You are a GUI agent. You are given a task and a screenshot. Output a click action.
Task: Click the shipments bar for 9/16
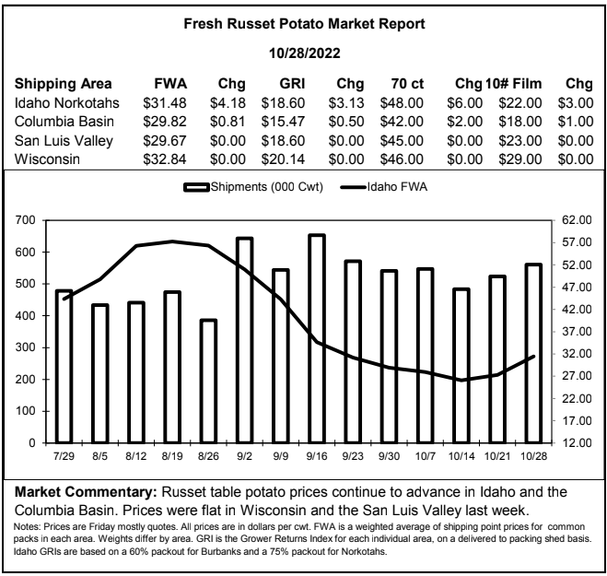tap(317, 338)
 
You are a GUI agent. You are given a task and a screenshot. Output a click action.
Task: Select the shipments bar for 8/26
tap(208, 382)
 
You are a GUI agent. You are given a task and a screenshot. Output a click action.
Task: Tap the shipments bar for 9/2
tap(244, 340)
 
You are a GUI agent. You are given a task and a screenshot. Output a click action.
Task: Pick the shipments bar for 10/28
tap(533, 353)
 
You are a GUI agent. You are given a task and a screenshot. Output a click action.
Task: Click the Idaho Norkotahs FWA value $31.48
tap(165, 103)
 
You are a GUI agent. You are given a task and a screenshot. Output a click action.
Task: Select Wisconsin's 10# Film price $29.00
tap(519, 159)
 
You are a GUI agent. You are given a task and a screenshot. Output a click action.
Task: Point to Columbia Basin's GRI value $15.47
tap(283, 122)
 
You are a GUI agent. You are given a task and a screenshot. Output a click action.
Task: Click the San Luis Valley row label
tap(64, 141)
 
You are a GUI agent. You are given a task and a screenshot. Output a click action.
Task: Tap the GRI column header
tap(292, 84)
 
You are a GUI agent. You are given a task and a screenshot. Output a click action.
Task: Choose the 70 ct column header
tap(407, 84)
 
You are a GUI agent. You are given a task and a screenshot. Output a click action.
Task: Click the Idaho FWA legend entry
tap(383, 187)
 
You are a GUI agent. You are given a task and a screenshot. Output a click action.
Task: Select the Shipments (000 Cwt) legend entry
tap(253, 187)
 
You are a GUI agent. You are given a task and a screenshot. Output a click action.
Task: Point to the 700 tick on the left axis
tap(25, 220)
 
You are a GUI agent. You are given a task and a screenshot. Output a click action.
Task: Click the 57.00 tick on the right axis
tap(577, 242)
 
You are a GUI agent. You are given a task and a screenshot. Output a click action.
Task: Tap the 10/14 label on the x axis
tap(461, 456)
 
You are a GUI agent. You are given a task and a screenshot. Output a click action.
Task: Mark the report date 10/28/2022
tap(305, 53)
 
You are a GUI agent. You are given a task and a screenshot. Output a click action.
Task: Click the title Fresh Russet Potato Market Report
tap(304, 24)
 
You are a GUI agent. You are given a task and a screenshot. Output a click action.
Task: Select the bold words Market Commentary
tap(86, 492)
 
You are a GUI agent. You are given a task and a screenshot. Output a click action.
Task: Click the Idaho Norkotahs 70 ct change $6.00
tap(464, 103)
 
